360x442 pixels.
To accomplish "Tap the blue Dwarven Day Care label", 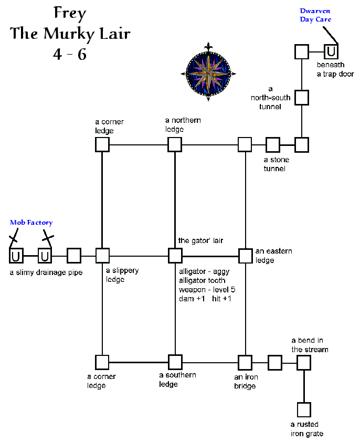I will [x=315, y=15].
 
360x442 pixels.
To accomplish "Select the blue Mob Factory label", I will [x=31, y=223].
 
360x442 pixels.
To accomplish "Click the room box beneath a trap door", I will [x=331, y=51].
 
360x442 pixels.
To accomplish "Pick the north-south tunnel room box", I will [x=301, y=97].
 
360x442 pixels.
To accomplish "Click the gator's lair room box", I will [x=175, y=256].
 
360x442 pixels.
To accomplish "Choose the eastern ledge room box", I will [x=245, y=256].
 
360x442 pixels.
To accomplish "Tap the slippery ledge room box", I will [x=102, y=256].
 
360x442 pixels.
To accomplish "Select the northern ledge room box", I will [x=175, y=144].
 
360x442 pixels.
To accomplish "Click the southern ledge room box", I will [x=175, y=362].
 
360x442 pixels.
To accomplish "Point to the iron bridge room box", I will [x=245, y=362].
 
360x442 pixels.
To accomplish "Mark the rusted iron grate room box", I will [x=304, y=409].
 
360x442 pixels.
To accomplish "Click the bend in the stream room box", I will [x=304, y=362].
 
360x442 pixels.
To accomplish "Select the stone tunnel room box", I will [x=272, y=144].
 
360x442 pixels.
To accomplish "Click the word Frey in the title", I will [x=70, y=13].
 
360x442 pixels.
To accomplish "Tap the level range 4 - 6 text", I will [x=70, y=54].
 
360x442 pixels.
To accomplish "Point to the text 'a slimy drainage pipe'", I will [x=46, y=272].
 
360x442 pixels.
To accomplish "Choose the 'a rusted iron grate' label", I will [x=306, y=429].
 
